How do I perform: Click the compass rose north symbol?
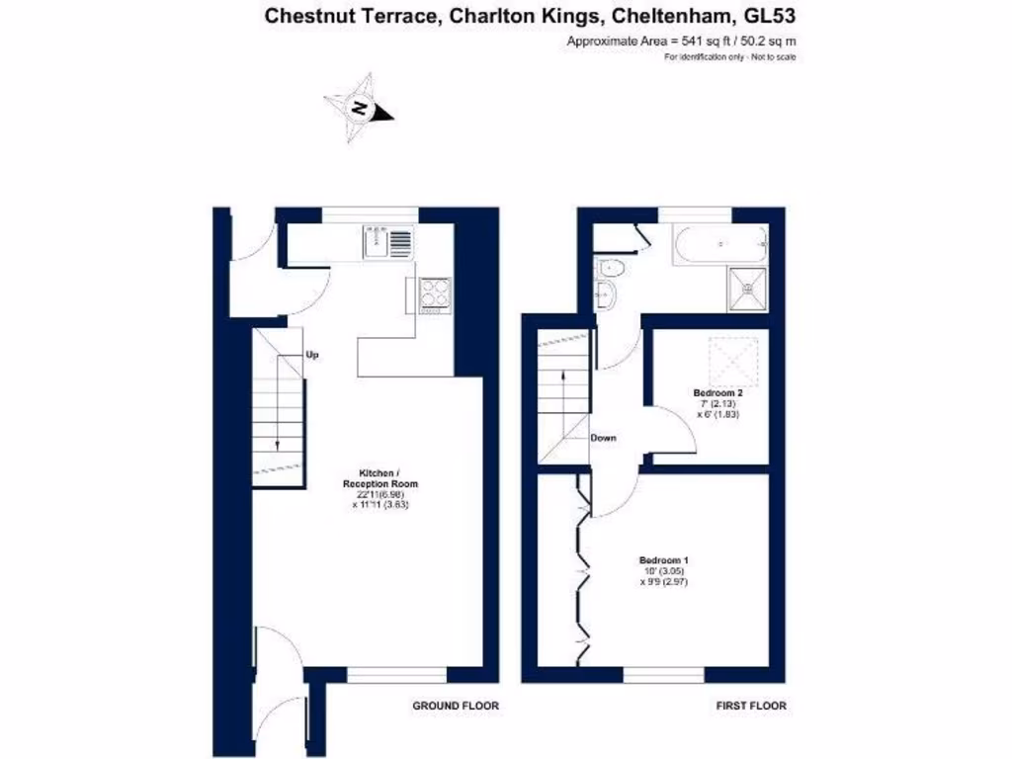[360, 109]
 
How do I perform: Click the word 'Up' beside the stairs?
[312, 355]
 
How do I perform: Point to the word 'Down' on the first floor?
[604, 437]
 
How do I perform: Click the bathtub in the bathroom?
[718, 244]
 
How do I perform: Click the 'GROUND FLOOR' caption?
[456, 707]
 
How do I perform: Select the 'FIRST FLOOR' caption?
[750, 707]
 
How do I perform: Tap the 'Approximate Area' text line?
[681, 42]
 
